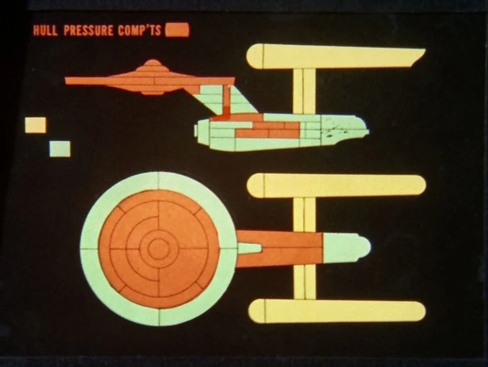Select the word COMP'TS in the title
coord(139,30)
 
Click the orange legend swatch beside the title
coord(177,30)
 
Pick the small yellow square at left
coord(35,125)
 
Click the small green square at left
coord(60,149)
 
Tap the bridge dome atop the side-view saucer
coord(152,64)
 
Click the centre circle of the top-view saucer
coord(158,247)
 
